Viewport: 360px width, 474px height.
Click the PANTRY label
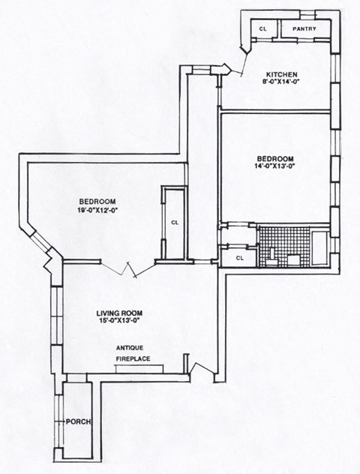tap(304, 29)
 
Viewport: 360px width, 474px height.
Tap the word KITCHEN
tap(282, 74)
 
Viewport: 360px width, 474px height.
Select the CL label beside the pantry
tap(262, 29)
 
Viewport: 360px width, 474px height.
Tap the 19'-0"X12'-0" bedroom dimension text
tap(99, 211)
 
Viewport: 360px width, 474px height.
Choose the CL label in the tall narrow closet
tap(174, 222)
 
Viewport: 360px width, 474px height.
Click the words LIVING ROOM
tap(119, 312)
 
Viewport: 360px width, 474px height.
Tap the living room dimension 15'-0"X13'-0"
tap(119, 322)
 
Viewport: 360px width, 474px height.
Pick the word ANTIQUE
tap(130, 349)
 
